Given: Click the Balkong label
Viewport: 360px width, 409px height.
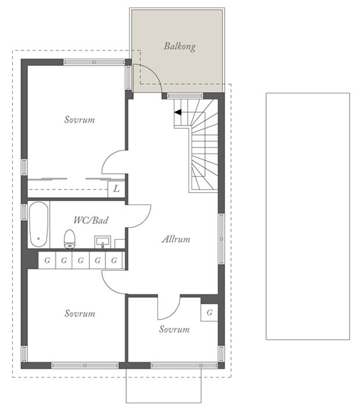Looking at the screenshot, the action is point(179,46).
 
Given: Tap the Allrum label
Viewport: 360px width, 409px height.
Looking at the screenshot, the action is point(176,239).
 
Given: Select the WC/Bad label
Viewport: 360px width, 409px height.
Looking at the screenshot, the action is point(91,220).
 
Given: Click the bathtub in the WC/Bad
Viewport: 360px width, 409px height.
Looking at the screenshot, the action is point(38,224).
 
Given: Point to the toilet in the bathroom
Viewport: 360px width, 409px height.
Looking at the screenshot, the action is point(69,239).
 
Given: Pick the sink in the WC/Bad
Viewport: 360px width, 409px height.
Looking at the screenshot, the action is point(102,242).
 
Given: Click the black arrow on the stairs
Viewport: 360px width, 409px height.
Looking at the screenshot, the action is point(178,113).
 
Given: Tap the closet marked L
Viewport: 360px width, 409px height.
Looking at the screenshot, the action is point(116,189).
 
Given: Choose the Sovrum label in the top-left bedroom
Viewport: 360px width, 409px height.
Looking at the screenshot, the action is point(80,120).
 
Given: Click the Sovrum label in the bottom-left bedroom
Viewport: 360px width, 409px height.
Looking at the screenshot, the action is point(80,313).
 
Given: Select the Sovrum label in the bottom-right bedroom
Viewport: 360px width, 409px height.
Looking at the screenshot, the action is point(174,329).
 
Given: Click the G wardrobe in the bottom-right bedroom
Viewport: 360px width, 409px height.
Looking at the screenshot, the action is point(210,312).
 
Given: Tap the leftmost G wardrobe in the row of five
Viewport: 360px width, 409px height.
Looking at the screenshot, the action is point(47,260).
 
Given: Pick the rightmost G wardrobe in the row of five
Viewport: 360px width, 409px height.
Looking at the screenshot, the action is point(114,260).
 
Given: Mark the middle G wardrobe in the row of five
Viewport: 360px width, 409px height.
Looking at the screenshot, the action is point(81,260).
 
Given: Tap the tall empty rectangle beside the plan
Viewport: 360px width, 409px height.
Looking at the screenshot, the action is point(308,216).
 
